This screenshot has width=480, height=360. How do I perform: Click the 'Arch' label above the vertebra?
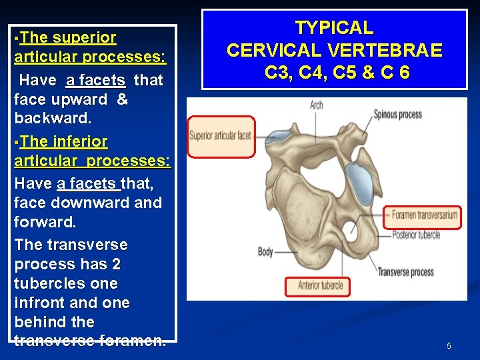pyautogui.click(x=316, y=105)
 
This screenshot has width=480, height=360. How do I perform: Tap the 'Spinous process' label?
pyautogui.click(x=397, y=114)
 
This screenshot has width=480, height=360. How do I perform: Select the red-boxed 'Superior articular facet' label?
pyautogui.click(x=221, y=137)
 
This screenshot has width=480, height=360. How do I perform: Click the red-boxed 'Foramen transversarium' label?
pyautogui.click(x=425, y=215)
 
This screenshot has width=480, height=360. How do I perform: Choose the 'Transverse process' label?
pyautogui.click(x=405, y=272)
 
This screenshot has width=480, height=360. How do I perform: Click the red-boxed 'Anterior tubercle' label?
pyautogui.click(x=317, y=286)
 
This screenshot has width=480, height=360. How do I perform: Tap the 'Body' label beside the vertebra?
pyautogui.click(x=265, y=252)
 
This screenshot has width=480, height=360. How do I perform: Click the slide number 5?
pyautogui.click(x=449, y=345)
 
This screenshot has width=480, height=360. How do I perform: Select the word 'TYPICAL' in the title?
pyautogui.click(x=334, y=28)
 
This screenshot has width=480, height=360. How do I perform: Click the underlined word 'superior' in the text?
pyautogui.click(x=85, y=38)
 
